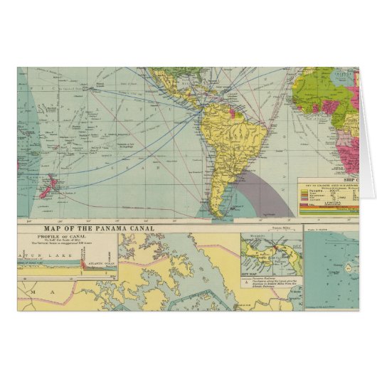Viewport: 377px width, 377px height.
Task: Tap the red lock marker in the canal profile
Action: (83, 265)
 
